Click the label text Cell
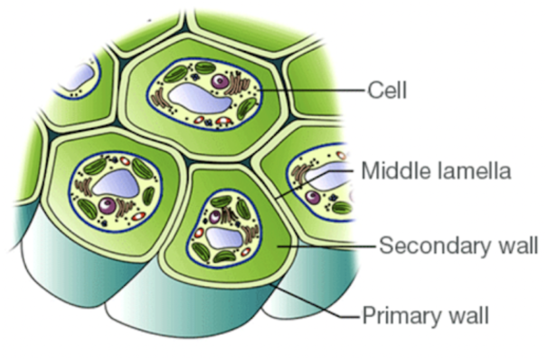click(387, 90)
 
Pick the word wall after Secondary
click(513, 245)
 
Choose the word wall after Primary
click(467, 316)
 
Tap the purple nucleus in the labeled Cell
click(220, 81)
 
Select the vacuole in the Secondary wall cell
click(224, 237)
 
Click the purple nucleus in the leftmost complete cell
click(108, 205)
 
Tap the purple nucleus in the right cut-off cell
click(313, 197)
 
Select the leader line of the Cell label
click(317, 90)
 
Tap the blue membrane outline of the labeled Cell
click(149, 95)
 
